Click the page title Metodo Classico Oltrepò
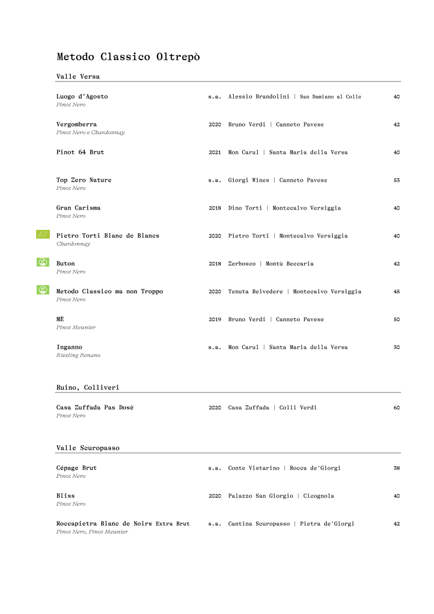(128, 57)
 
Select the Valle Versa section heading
(78, 77)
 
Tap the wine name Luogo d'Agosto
(82, 97)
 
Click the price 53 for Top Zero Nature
(396, 181)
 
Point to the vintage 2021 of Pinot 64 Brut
(215, 153)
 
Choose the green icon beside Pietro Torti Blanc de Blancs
(43, 235)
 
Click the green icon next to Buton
(43, 262)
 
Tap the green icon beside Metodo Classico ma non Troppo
(43, 290)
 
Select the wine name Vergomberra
(77, 125)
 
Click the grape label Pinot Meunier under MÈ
(76, 328)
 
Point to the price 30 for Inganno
(396, 347)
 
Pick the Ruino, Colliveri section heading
(88, 387)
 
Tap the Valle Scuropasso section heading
(88, 448)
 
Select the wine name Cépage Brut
(77, 468)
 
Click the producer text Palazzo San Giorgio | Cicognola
(281, 496)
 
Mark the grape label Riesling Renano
(78, 356)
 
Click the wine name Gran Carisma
(78, 208)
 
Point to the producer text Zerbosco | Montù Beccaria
(270, 264)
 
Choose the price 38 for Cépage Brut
(396, 468)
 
